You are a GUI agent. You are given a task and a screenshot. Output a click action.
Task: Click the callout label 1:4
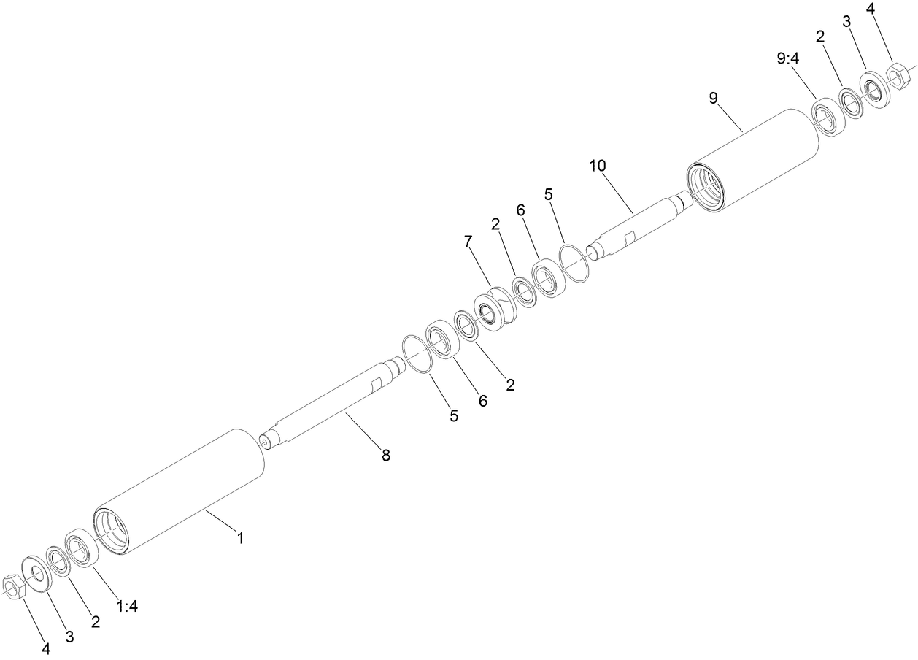[127, 606]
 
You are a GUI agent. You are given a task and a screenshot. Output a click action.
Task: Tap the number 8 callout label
[385, 456]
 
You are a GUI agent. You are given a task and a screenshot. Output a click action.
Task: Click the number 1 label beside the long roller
[239, 538]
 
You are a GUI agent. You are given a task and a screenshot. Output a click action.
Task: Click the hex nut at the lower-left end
[15, 586]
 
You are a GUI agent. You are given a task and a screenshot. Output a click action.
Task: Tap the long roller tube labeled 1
[179, 491]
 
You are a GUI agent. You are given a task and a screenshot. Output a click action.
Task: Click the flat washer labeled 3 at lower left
[34, 573]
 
